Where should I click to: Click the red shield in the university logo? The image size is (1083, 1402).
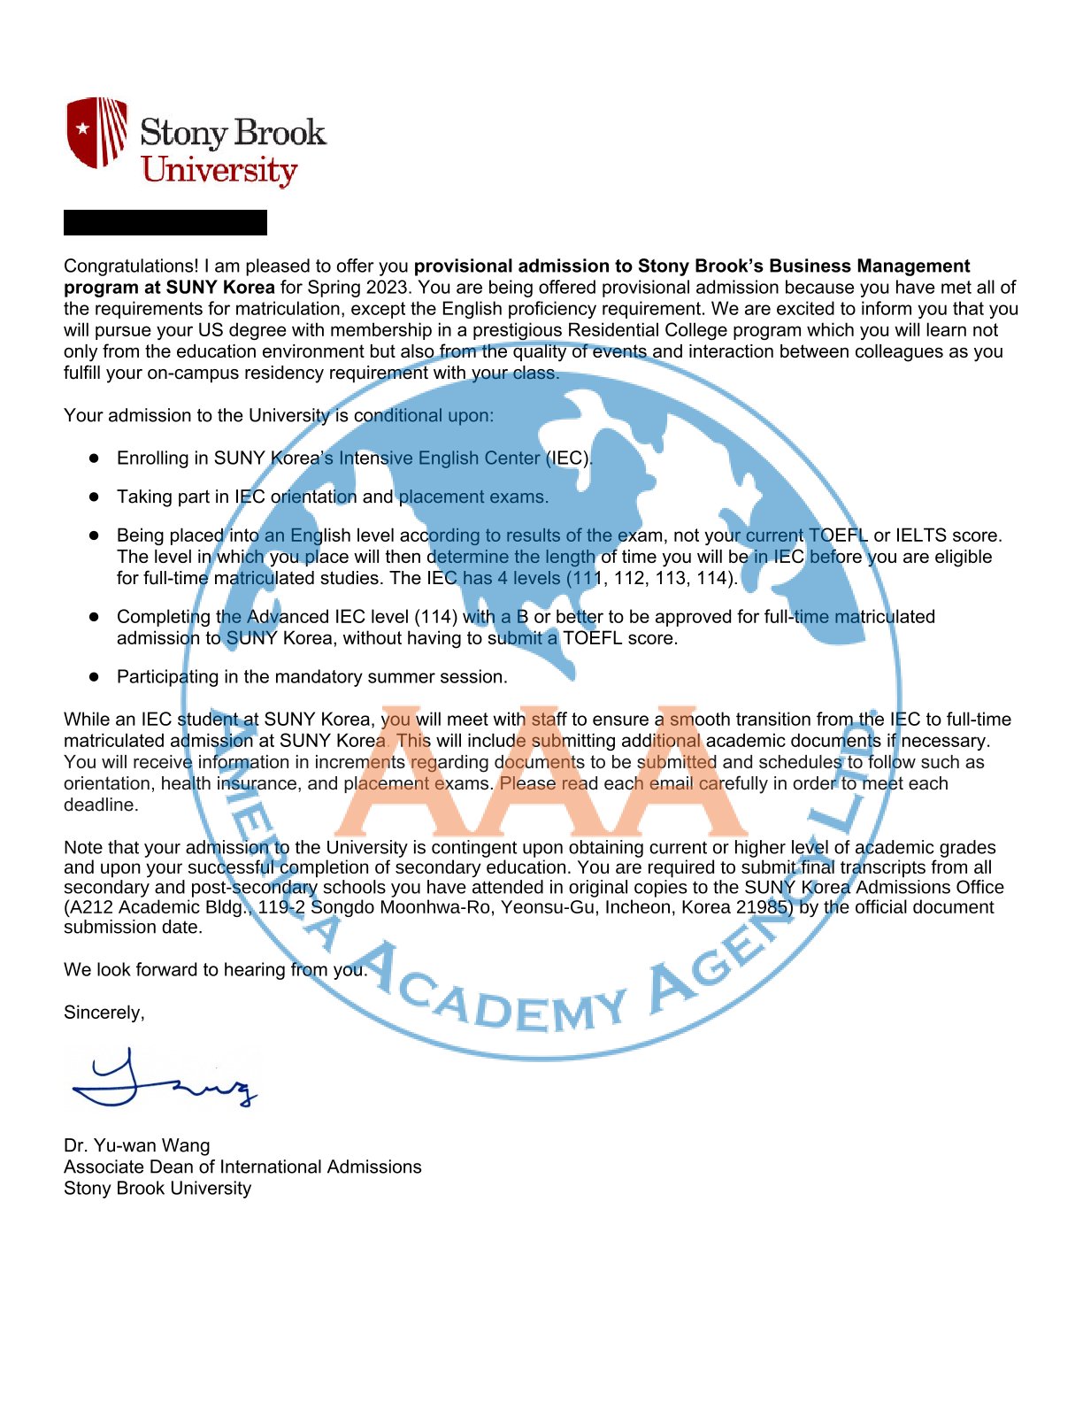point(96,132)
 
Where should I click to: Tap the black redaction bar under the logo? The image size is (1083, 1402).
point(165,223)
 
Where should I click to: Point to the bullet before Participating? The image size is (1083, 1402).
point(94,677)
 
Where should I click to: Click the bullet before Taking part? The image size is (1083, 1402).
point(94,497)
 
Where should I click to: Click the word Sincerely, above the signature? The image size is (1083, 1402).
point(104,1013)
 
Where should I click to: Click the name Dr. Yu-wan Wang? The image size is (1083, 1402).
point(137,1145)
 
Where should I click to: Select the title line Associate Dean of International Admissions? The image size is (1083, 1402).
point(242,1167)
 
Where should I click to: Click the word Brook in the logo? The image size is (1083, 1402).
point(281,133)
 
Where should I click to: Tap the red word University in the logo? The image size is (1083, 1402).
point(219,170)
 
